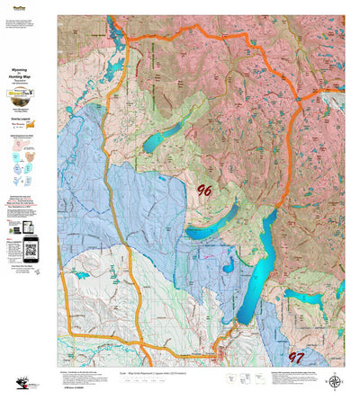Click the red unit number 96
coord(204,190)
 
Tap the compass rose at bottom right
coord(335,381)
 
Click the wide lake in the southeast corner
coord(308,298)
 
